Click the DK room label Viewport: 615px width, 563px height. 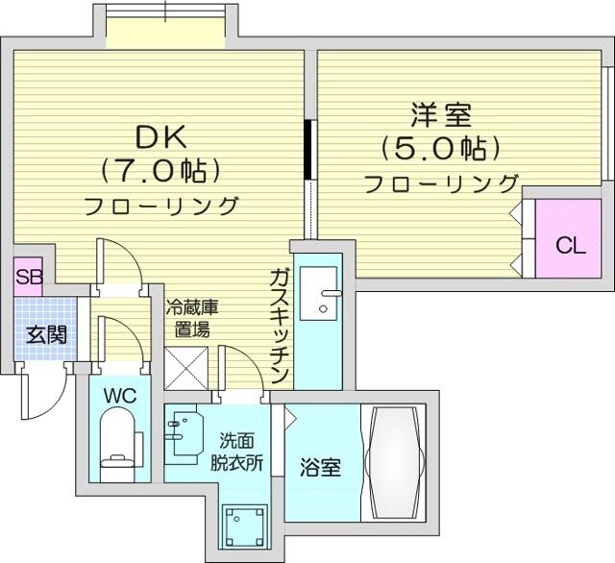160,138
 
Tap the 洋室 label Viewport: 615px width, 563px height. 441,114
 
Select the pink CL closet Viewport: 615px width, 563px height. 568,238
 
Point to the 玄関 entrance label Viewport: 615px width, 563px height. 46,334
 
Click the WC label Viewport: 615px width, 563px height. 120,396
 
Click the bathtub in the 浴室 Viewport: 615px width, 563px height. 395,463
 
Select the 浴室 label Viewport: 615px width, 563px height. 320,467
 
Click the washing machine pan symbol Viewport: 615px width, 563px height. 245,526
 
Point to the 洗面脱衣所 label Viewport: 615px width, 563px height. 236,453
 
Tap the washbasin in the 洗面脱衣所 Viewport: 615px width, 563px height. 185,432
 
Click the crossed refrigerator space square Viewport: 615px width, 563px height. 185,369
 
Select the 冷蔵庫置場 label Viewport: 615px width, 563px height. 192,318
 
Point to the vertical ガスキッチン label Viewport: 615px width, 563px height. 279,327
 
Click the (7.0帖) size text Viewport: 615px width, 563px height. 160,171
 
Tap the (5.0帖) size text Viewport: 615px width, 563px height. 441,148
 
